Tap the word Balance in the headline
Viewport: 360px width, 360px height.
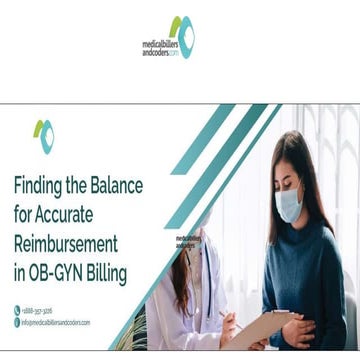pos(114,186)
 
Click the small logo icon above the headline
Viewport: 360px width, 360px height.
pos(43,136)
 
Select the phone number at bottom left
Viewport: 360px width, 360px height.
pos(39,310)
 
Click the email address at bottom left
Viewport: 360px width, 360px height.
pos(56,322)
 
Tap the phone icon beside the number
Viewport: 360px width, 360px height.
pos(17,310)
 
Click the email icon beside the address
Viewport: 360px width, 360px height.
pos(17,322)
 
